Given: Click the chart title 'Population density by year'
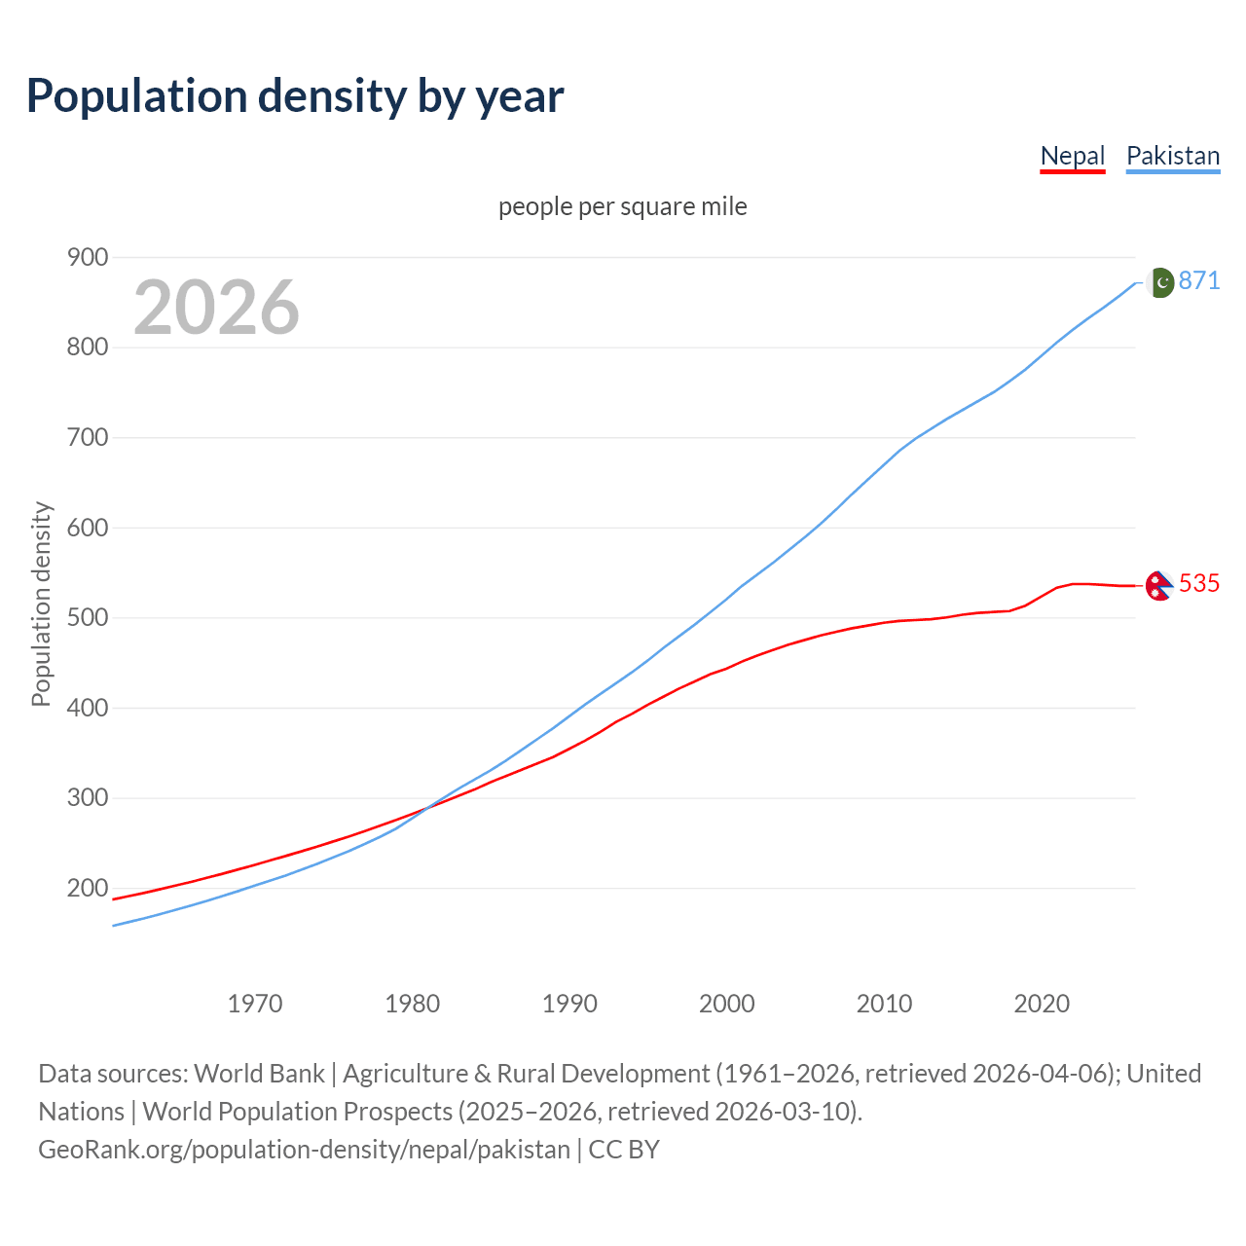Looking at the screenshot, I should coord(295,95).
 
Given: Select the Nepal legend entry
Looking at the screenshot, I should coord(1073,156).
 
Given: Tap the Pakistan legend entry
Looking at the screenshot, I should coord(1173,156).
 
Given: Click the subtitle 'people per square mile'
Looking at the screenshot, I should coord(623,206).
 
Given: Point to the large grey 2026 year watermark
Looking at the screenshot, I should coord(216,308).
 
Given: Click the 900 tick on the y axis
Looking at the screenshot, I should coord(88,257).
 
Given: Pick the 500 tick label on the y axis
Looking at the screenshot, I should coord(88,617).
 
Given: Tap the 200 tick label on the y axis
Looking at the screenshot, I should coord(88,888).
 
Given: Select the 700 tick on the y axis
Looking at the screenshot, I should coord(88,437).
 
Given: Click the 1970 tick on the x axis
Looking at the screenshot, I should coord(255,1003).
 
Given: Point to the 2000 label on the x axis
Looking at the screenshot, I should coord(727,1003).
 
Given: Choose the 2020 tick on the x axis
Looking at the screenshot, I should coord(1042,1003).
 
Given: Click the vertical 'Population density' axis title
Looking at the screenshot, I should coord(41,604).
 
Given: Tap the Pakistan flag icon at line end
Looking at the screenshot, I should coord(1159,282).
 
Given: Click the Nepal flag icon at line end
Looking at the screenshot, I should coord(1157,585).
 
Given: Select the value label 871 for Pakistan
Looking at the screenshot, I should coord(1199,280).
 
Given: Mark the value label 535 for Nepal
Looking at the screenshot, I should coord(1199,583).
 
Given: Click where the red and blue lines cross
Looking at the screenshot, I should coord(425,808).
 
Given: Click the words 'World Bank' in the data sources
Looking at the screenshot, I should coord(259,1073).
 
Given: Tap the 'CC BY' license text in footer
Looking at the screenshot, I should coord(624,1149).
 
